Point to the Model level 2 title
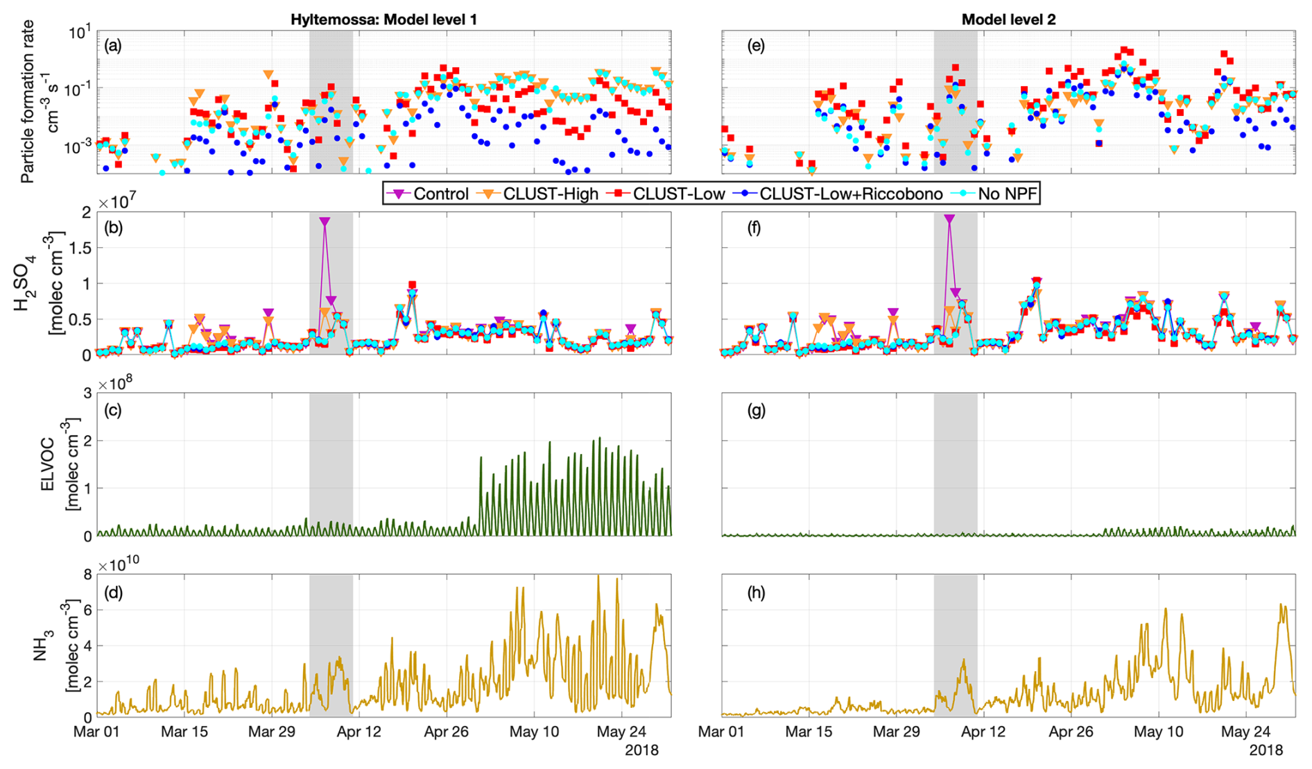click(1008, 19)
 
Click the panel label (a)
click(112, 47)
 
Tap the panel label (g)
click(756, 410)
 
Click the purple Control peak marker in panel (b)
click(325, 221)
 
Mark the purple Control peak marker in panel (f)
click(949, 219)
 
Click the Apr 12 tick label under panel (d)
click(359, 732)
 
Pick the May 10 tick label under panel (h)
click(1159, 732)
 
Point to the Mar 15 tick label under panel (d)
click(184, 732)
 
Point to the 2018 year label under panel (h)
click(1266, 750)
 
